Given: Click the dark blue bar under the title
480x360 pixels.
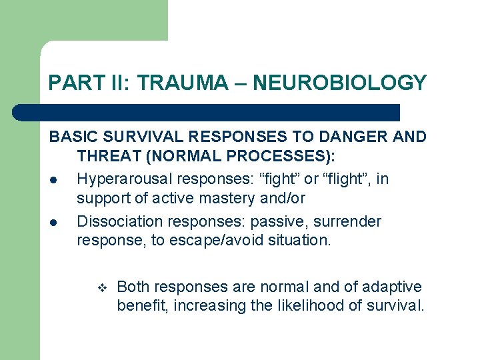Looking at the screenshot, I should pyautogui.click(x=207, y=112).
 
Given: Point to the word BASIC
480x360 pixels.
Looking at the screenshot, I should pyautogui.click(x=72, y=137).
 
